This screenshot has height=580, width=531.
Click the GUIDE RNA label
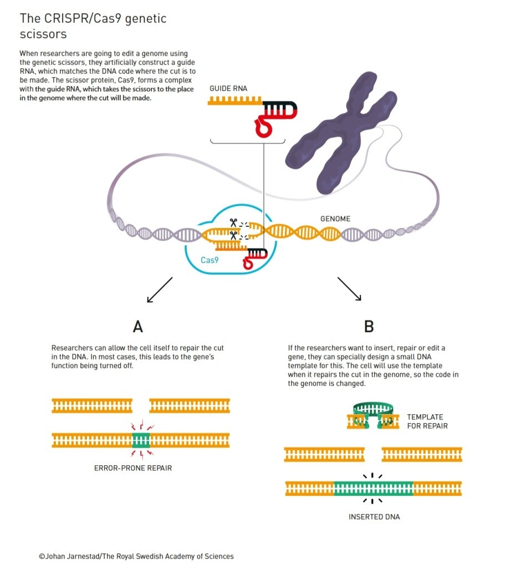228,89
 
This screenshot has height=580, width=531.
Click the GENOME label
335,218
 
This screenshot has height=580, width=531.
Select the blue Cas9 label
210,260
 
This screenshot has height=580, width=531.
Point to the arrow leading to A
160,290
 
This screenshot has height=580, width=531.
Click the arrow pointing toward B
349,289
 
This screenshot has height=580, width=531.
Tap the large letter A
138,327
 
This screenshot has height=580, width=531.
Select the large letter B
369,327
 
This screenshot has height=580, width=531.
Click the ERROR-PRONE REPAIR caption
133,468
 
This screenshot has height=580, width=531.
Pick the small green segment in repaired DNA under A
141,440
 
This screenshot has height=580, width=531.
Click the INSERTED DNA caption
374,517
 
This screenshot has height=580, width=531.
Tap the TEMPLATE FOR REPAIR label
427,421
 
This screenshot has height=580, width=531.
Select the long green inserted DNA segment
373,489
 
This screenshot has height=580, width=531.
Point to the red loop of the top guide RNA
263,126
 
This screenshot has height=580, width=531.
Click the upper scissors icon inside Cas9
233,223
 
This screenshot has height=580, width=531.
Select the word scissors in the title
43,34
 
